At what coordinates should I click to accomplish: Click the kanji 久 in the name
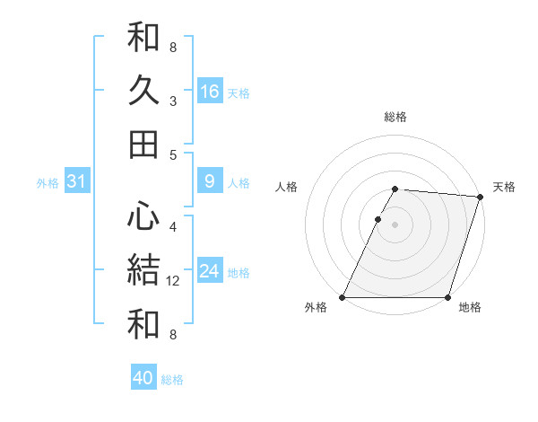(143, 91)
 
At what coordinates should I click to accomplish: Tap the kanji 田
(143, 144)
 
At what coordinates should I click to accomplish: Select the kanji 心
(143, 215)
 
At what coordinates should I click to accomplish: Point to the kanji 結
(143, 269)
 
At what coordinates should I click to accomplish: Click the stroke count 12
(174, 281)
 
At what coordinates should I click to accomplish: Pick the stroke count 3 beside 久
(172, 101)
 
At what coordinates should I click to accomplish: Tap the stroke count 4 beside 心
(172, 227)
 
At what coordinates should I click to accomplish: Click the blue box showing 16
(210, 92)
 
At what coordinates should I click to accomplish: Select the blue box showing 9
(210, 181)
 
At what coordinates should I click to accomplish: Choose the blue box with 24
(210, 271)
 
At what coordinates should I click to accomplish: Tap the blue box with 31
(76, 181)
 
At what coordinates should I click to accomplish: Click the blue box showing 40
(143, 378)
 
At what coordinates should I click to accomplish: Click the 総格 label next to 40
(172, 380)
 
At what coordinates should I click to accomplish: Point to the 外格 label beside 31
(48, 183)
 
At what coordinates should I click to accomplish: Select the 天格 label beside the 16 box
(239, 93)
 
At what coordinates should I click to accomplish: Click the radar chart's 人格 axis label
(286, 187)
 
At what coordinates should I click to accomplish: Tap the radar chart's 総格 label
(395, 117)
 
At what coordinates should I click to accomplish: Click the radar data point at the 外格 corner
(343, 297)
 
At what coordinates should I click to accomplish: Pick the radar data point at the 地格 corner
(447, 297)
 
